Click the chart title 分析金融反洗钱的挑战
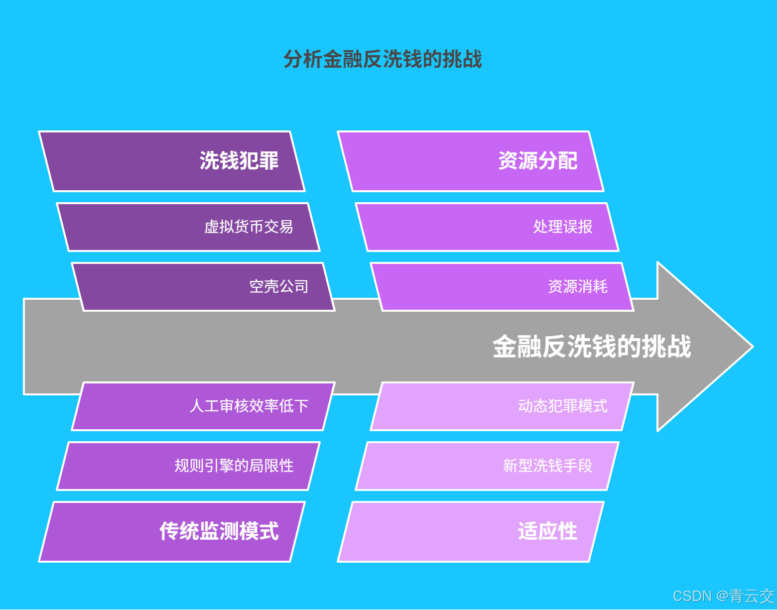tap(383, 59)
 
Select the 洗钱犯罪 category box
tap(172, 161)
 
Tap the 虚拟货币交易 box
tap(188, 227)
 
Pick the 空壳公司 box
tap(203, 287)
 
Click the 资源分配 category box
tap(471, 161)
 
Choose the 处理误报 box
tap(487, 227)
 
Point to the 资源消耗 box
tap(502, 287)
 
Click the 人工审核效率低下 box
tap(203, 406)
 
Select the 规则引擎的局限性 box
tap(188, 466)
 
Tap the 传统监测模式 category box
tap(172, 532)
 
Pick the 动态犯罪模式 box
tap(502, 406)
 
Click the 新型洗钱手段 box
tap(487, 466)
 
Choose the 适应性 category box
tap(471, 532)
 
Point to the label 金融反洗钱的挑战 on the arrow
tap(592, 347)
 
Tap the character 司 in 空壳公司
tap(301, 287)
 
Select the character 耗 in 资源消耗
tap(600, 287)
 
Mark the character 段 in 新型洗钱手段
tap(585, 466)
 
